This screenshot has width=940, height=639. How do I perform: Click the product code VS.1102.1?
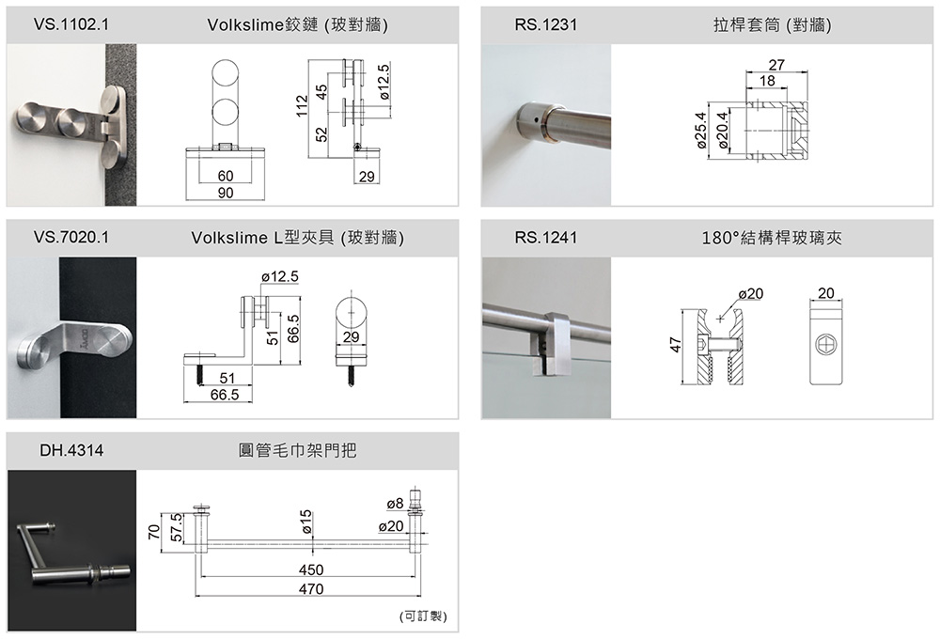coord(71,24)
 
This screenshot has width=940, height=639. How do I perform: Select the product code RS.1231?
coord(545,24)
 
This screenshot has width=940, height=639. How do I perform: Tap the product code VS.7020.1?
coord(71,238)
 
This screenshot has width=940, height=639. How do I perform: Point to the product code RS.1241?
coord(545,238)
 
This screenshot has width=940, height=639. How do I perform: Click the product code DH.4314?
coord(71,451)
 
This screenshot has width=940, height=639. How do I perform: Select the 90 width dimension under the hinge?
coord(226,193)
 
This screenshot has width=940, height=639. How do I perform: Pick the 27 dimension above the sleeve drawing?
coord(775,65)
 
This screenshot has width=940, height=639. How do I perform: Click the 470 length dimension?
coord(310,589)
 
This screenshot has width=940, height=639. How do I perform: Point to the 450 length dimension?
coord(310,570)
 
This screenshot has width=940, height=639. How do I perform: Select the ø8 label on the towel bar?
coord(395,504)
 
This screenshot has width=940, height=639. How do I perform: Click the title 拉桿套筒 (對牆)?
coord(772,24)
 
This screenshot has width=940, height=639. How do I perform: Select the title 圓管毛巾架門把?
coord(298,451)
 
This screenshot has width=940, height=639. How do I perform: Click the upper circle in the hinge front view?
coord(226,77)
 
